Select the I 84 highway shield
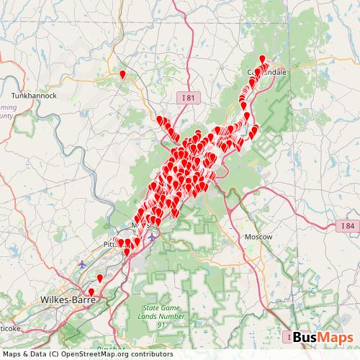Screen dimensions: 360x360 (x=348, y=226)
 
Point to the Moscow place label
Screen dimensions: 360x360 (x=258, y=236)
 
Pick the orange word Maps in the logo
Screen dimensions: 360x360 (x=337, y=337)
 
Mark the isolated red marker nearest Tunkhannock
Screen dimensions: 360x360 (x=123, y=73)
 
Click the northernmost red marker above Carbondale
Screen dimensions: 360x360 (x=262, y=59)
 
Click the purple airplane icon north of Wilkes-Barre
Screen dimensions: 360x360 (x=82, y=264)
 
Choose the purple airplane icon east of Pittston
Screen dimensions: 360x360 (x=152, y=237)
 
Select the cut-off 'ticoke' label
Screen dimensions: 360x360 (x=10, y=328)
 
